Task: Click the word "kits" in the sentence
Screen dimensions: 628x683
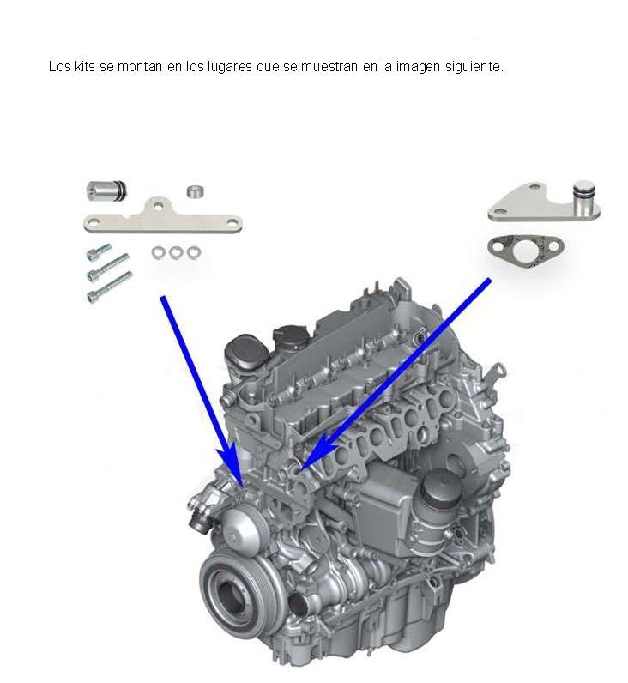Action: pyautogui.click(x=84, y=67)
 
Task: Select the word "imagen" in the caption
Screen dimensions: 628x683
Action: pyautogui.click(x=418, y=68)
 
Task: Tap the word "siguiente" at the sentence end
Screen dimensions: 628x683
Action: pyautogui.click(x=472, y=68)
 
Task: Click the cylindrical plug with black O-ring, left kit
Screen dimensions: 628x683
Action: pyautogui.click(x=106, y=190)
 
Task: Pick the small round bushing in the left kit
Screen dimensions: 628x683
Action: pyautogui.click(x=196, y=191)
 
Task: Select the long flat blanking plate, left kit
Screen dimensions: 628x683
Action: pyautogui.click(x=163, y=217)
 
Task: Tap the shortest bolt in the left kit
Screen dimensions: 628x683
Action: pyautogui.click(x=99, y=251)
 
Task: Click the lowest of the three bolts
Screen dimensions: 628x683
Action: pyautogui.click(x=109, y=287)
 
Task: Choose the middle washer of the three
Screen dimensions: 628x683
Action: pyautogui.click(x=176, y=252)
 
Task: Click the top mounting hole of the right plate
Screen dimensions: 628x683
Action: pyautogui.click(x=534, y=188)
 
